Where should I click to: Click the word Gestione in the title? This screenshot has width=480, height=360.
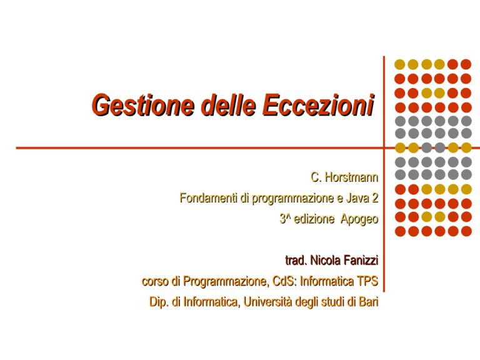tap(143, 106)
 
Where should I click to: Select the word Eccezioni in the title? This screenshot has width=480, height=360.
tap(319, 105)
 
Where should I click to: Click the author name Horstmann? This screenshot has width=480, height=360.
tap(351, 177)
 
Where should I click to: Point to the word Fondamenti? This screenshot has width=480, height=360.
tap(208, 198)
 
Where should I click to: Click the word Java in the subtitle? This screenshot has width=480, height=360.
tap(357, 198)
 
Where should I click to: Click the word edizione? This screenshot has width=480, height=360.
tap(314, 219)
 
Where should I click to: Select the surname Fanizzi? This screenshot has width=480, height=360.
tap(361, 261)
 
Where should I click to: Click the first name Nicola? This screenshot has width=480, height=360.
tap(326, 261)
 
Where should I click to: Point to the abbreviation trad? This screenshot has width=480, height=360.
tap(296, 261)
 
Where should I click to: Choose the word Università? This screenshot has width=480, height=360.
tap(268, 302)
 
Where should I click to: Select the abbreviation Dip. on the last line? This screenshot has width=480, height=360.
tap(159, 302)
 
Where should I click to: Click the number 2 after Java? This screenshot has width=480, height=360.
tap(375, 198)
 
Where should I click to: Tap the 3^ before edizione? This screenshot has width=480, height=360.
tap(285, 219)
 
